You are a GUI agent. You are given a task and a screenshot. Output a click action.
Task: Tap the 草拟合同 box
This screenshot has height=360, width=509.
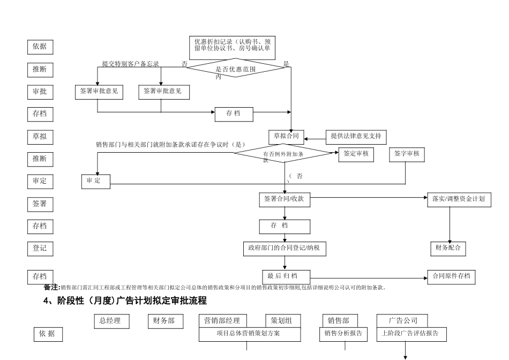pos(285,137)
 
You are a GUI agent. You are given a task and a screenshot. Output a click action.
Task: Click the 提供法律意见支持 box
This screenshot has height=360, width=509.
pos(356,137)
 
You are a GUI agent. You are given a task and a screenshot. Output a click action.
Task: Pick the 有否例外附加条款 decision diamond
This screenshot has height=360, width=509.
pos(284,154)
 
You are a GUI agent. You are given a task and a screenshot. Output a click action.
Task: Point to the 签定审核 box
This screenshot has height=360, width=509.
pos(356,154)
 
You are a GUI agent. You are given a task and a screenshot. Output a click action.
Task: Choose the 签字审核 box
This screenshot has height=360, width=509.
pos(406,154)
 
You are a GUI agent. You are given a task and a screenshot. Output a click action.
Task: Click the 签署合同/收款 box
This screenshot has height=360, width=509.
pos(285,199)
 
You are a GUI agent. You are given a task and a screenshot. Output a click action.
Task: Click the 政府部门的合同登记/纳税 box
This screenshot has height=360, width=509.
pos(285,248)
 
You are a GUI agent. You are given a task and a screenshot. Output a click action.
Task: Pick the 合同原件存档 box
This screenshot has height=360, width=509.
pos(451,276)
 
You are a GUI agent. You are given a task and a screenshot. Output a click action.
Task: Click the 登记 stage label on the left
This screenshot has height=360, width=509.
pos(40,248)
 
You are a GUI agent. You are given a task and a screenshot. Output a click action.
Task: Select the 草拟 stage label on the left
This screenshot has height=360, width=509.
pos(40,137)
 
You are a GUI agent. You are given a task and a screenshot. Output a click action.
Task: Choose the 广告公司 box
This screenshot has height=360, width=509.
pos(403,321)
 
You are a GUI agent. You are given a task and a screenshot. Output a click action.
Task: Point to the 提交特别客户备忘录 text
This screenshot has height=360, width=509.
pos(131,64)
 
